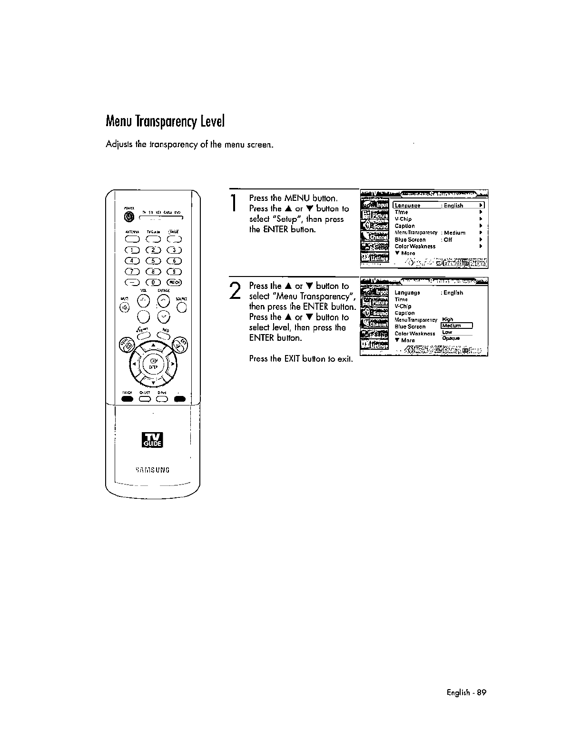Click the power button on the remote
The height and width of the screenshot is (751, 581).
point(128,217)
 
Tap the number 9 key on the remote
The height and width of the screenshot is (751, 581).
point(175,272)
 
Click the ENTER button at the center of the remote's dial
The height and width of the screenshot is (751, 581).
point(153,363)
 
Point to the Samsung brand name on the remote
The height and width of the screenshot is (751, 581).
point(153,470)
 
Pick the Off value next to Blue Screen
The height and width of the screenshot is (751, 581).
point(448,240)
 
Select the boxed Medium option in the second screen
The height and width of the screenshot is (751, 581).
point(456,326)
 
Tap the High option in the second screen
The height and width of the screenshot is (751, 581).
point(447,319)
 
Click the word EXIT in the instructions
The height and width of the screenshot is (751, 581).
point(291,359)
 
